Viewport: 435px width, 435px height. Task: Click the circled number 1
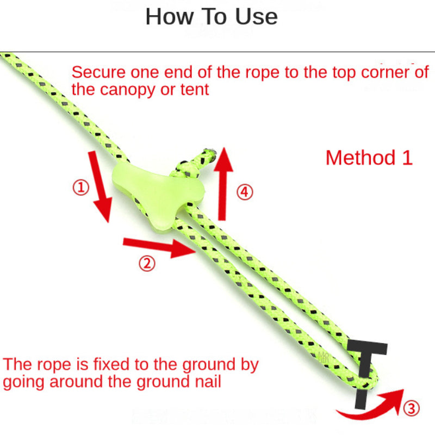coord(80,187)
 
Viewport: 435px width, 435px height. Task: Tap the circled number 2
coord(147,263)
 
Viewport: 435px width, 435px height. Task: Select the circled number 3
coord(411,408)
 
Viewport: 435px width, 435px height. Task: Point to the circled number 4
coord(245,192)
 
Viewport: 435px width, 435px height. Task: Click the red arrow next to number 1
coord(101,187)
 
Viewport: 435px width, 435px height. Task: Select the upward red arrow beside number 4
coord(222,184)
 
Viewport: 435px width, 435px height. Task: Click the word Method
coord(361,158)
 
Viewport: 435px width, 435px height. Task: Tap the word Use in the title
coord(256,17)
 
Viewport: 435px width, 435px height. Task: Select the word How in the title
coord(170,17)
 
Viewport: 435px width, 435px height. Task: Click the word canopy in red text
coord(128,90)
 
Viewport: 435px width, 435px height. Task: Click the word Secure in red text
coord(98,72)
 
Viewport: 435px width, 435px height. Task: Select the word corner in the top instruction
coord(385,72)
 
